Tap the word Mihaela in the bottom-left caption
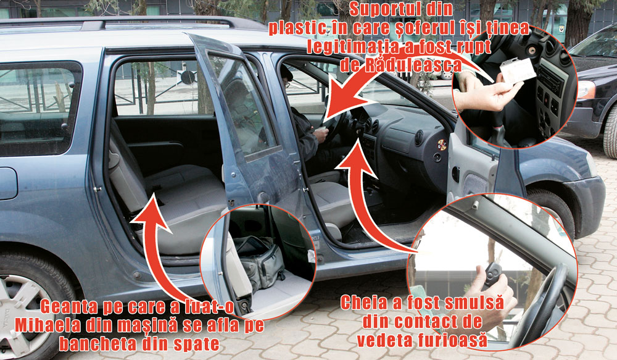pyautogui.click(x=48, y=325)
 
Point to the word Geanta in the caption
pyautogui.click(x=68, y=308)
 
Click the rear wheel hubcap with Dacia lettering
pyautogui.click(x=20, y=315)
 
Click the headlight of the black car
pyautogui.click(x=587, y=90)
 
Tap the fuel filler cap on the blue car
pyautogui.click(x=8, y=183)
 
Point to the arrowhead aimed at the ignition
pyautogui.click(x=355, y=157)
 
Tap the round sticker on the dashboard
pyautogui.click(x=442, y=145)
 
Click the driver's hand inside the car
pyautogui.click(x=321, y=135)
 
